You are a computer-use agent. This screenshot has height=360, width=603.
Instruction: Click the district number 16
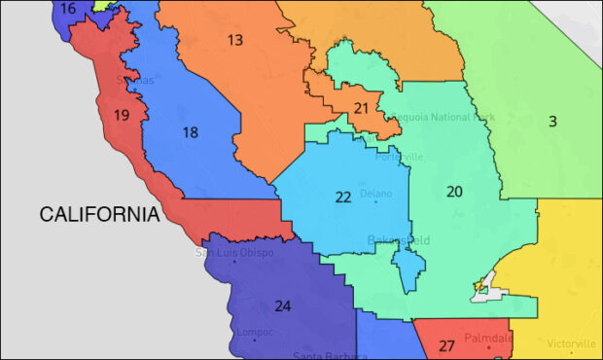tap(67, 9)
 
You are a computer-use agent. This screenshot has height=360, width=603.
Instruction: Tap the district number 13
tap(235, 40)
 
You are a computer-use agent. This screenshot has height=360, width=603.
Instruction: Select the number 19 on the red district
tap(122, 116)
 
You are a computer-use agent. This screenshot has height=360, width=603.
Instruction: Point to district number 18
tap(191, 132)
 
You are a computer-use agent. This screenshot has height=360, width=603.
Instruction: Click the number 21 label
tap(361, 108)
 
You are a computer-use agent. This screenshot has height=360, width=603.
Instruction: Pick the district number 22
tap(343, 197)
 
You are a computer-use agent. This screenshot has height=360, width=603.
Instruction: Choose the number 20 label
tap(454, 192)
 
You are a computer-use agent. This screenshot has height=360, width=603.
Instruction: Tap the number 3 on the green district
tap(552, 122)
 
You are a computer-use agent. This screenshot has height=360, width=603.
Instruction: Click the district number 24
tap(282, 306)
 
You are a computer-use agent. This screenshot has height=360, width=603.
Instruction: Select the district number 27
tap(446, 345)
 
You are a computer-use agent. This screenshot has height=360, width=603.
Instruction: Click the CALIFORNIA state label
tap(98, 214)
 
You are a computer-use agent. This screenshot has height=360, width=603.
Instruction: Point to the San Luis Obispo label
tap(234, 253)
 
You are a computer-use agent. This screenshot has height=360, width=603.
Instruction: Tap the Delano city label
tap(376, 194)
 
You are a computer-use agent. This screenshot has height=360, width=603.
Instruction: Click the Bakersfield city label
tap(398, 239)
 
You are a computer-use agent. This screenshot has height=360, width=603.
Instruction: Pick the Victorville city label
tap(571, 344)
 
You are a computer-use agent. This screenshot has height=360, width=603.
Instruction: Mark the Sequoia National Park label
tap(443, 117)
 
